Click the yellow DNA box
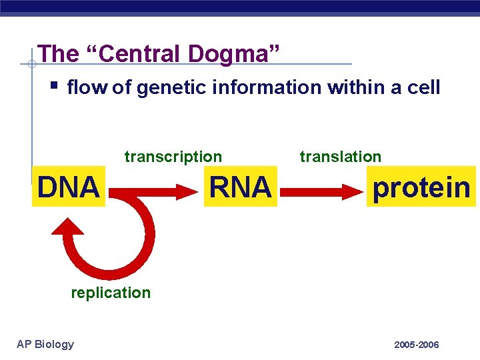point(68,187)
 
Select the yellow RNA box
point(240,187)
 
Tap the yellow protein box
point(421,187)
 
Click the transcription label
point(173,157)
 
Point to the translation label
point(340,157)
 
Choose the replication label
point(111,293)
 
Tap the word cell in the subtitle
point(423,88)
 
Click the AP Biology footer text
point(45,344)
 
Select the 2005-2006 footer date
point(416,345)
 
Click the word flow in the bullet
point(87,88)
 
